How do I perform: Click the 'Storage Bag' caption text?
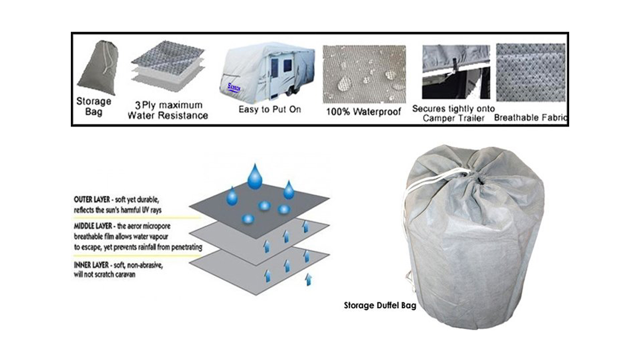point(93,107)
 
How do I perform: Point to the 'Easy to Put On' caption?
point(270,110)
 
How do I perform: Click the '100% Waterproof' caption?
point(364,112)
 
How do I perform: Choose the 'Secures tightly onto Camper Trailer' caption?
point(453,113)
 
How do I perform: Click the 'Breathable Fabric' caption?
point(530,117)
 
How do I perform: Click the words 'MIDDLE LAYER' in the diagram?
point(93,226)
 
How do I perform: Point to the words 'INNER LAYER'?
point(91,265)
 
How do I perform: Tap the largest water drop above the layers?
point(256,174)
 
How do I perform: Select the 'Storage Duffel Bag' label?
point(380,305)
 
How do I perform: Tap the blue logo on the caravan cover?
point(234,88)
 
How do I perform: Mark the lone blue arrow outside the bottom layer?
point(308,280)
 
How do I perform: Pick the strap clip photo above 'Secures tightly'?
point(456,71)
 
